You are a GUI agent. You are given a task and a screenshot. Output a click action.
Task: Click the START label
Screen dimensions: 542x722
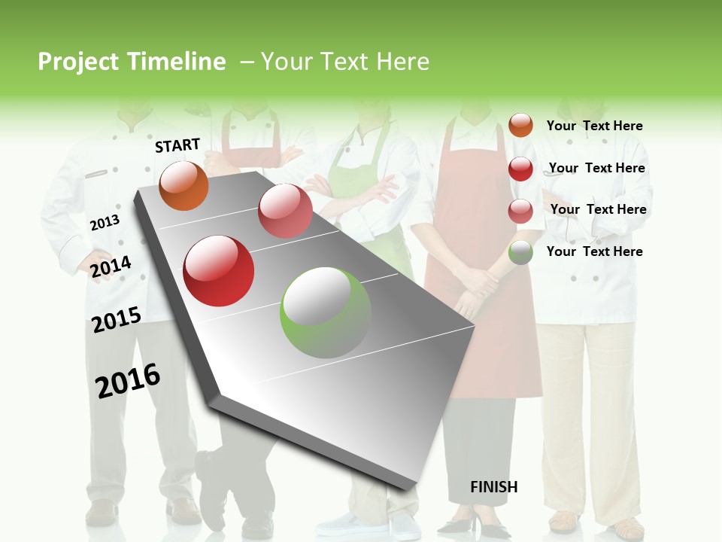(177, 145)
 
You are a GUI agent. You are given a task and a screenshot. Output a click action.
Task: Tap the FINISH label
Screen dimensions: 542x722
(493, 487)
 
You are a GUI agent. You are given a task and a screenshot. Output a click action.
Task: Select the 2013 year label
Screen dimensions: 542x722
(105, 222)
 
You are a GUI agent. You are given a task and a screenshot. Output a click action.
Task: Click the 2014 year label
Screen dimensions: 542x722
(111, 266)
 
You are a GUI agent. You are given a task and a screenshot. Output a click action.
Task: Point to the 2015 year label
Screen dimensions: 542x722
(117, 320)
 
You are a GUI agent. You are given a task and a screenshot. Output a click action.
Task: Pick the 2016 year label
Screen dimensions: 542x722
(128, 381)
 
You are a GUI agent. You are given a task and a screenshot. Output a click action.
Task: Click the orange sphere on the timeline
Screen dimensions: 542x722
(184, 186)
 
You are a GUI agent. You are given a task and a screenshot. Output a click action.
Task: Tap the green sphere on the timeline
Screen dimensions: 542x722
(326, 312)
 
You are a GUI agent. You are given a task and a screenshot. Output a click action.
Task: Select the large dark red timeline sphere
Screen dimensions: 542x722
(219, 271)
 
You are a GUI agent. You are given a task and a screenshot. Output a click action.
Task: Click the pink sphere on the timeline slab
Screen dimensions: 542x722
(285, 211)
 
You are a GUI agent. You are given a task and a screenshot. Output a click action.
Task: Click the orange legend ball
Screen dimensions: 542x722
(520, 125)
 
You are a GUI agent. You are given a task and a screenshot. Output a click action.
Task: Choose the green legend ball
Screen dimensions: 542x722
(520, 252)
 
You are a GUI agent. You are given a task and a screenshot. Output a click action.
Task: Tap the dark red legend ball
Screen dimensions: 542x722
(520, 169)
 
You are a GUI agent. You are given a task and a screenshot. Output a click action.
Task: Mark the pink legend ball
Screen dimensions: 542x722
(520, 211)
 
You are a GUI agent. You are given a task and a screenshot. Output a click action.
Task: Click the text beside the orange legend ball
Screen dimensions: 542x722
(594, 126)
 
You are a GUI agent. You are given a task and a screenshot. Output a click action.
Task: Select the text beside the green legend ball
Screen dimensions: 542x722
(594, 251)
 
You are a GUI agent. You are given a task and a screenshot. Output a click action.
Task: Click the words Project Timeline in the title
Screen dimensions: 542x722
(132, 62)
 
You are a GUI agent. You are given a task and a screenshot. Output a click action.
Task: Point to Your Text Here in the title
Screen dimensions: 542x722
(344, 62)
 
